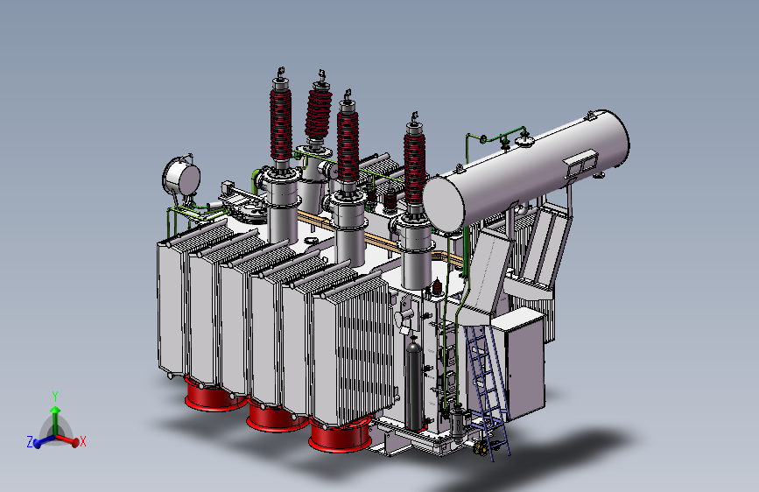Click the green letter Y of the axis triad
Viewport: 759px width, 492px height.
[x=55, y=397]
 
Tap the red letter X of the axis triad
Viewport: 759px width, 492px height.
[x=83, y=441]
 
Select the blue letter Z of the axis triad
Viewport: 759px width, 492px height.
[x=30, y=441]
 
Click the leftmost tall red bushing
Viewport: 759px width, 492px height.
[x=281, y=123]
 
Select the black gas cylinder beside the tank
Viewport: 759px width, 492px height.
[x=413, y=383]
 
